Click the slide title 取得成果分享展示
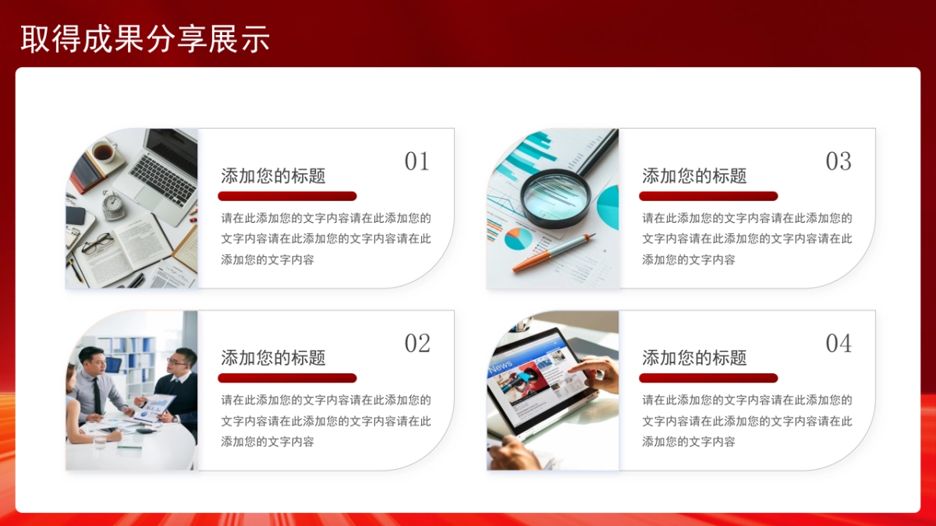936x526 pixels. tap(145, 39)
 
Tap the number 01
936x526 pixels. tap(417, 161)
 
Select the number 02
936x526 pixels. tap(417, 344)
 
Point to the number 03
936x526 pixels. tap(838, 161)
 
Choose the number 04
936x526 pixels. tap(838, 344)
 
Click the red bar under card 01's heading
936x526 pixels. tap(287, 196)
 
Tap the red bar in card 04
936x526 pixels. tap(708, 378)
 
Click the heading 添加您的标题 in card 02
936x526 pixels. tap(273, 358)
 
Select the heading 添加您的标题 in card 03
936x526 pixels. tap(694, 176)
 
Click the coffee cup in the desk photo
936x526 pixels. tap(102, 152)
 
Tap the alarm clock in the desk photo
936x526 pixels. tap(114, 206)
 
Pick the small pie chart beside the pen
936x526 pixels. tap(517, 238)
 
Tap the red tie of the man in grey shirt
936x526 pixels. tap(97, 394)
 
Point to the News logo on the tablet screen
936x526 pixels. tap(501, 366)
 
